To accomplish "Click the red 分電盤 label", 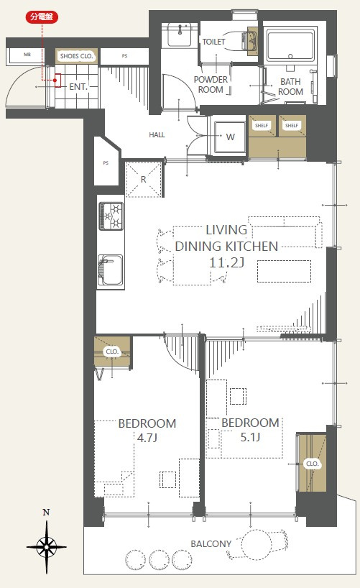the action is (42, 17).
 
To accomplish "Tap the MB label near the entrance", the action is (27, 55).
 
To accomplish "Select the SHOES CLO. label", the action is (76, 56).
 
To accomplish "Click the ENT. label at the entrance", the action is (78, 87).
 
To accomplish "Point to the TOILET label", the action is (213, 42).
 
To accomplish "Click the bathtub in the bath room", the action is (290, 46).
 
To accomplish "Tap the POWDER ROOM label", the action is (211, 85).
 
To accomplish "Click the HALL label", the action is (157, 135).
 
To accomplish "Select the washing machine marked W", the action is (230, 137).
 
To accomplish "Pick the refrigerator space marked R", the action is (143, 179).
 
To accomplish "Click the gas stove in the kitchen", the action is (111, 216).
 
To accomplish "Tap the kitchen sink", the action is (110, 270).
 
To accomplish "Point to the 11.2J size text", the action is (226, 262).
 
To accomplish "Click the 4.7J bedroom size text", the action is (147, 438).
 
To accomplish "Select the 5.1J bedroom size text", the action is (250, 437).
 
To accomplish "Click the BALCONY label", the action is (211, 543).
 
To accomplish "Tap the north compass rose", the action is (47, 547).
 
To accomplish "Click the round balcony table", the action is (256, 545).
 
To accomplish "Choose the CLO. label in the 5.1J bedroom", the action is (312, 464).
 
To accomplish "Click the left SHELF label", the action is (262, 126).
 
